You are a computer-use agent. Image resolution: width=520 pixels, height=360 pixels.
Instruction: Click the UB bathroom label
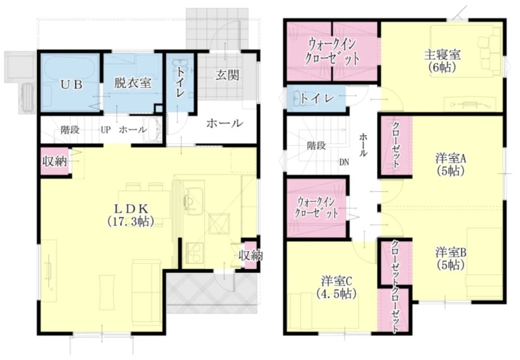coord(71,84)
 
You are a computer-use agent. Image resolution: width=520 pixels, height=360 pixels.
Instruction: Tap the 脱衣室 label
coord(133,83)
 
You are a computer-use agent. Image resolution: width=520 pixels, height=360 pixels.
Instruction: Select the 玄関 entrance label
coord(227,75)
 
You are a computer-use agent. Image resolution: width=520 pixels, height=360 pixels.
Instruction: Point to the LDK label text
coord(131,209)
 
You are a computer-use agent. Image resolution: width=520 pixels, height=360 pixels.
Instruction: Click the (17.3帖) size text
coord(131,221)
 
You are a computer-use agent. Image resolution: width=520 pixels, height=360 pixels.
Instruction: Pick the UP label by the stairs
coord(106,129)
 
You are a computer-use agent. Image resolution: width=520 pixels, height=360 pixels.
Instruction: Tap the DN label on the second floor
coord(344,162)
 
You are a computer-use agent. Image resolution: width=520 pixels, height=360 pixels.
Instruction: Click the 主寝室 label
coord(443,55)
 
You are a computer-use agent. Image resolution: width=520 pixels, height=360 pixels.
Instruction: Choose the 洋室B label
coord(451,253)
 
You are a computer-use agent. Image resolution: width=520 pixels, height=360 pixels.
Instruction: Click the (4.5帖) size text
coord(336,294)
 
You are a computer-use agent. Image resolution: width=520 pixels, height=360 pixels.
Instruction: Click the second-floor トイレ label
coord(317,98)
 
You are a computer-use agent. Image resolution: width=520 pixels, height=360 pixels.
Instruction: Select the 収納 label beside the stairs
coord(55,161)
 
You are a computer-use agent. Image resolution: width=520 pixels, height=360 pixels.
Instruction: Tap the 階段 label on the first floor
coord(70,129)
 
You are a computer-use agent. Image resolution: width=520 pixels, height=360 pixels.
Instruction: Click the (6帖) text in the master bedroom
coord(443,68)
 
